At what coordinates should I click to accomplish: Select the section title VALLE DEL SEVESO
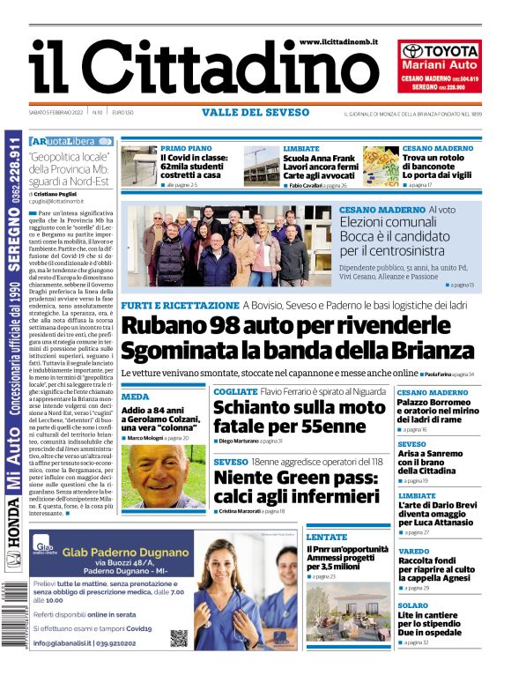click(255, 113)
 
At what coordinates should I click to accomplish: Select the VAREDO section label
click(413, 551)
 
